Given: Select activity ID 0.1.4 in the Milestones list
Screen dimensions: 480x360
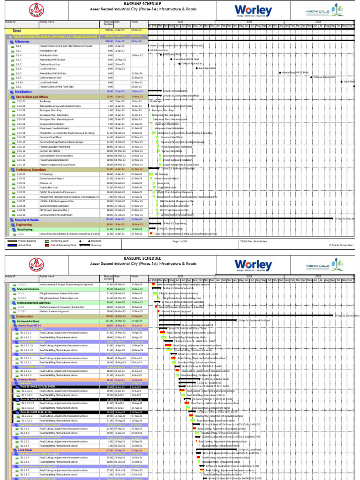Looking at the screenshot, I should click(19, 55).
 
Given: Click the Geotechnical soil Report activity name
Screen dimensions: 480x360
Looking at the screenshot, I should click(52, 179).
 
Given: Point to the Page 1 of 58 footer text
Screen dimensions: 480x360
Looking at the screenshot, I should click(183, 241).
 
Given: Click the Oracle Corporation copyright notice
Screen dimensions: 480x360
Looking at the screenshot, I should click(341, 245).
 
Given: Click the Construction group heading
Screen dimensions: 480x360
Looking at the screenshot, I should click(25, 316).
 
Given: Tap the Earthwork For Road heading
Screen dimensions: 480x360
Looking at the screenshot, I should click(30, 320).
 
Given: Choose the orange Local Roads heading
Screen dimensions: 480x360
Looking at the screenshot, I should click(25, 450).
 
